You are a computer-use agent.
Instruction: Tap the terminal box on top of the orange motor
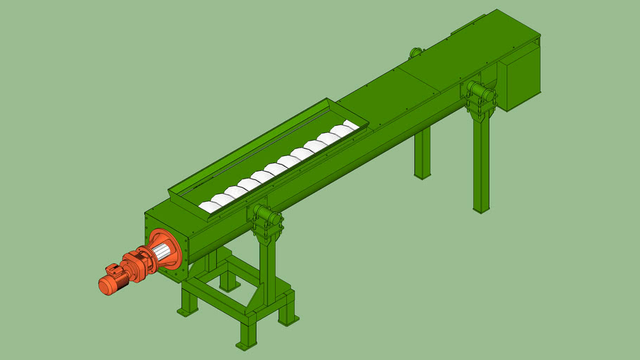pyautogui.click(x=113, y=269)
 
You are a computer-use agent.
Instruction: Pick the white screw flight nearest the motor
pyautogui.click(x=210, y=207)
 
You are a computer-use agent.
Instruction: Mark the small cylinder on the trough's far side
pyautogui.click(x=415, y=52)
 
